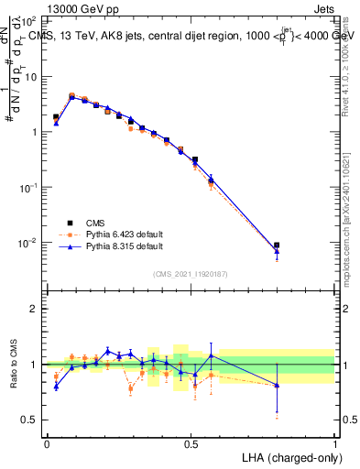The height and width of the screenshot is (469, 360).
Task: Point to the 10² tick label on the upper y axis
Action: coord(28,20)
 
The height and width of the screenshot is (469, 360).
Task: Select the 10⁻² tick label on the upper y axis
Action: coord(27,243)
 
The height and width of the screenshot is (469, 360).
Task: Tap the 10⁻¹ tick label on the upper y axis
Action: coord(27,187)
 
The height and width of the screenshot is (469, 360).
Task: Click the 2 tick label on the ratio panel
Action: coord(34,309)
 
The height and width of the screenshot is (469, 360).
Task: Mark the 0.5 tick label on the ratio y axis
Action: coord(30,420)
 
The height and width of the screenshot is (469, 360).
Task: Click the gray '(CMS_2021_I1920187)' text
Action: coord(191,274)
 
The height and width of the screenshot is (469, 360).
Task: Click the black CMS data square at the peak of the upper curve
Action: coord(71,96)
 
